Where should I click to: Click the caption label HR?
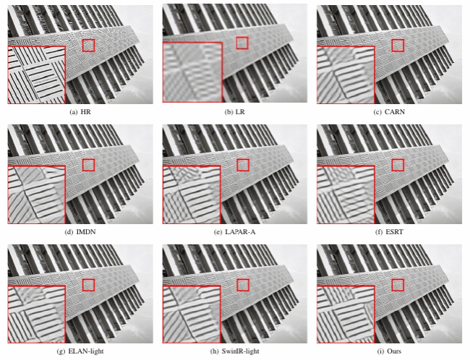click(85, 112)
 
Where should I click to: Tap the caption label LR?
click(240, 112)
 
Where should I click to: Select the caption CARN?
click(395, 112)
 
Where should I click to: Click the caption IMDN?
click(86, 232)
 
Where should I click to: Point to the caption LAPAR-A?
click(240, 232)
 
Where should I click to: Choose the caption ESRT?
click(395, 232)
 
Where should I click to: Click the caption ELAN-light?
click(86, 351)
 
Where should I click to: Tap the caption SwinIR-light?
click(240, 351)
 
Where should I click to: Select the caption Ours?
click(394, 351)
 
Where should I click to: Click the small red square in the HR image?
click(88, 46)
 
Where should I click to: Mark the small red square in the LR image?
click(242, 43)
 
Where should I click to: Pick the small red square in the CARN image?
click(398, 46)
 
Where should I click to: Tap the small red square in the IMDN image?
click(88, 165)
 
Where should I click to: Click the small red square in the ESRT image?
click(398, 165)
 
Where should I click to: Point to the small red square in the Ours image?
click(398, 285)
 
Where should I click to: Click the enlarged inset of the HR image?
click(37, 75)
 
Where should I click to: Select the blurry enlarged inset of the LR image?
click(192, 72)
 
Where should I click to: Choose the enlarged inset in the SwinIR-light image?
click(192, 314)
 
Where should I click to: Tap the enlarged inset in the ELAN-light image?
click(37, 314)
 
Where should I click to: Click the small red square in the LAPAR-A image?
click(243, 165)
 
